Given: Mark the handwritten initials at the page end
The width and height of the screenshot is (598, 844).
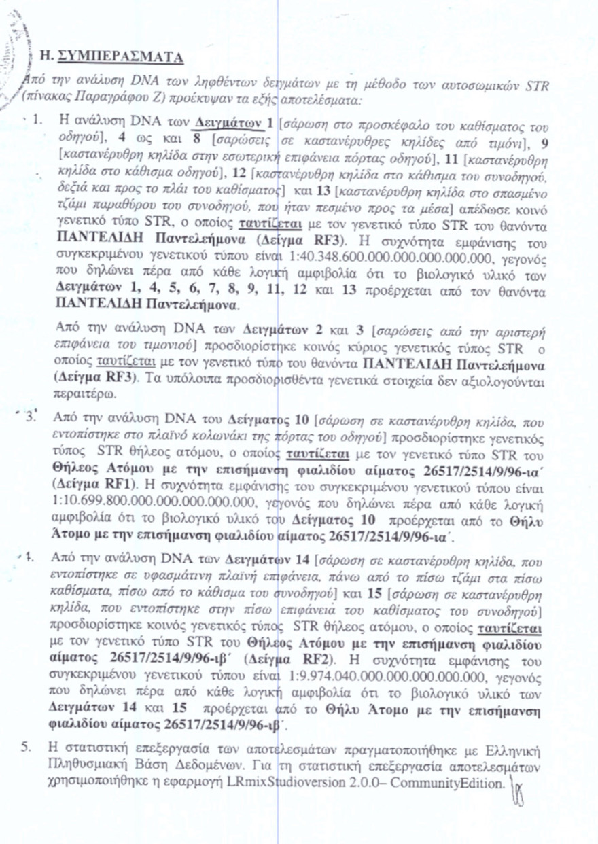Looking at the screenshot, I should click(522, 788).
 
